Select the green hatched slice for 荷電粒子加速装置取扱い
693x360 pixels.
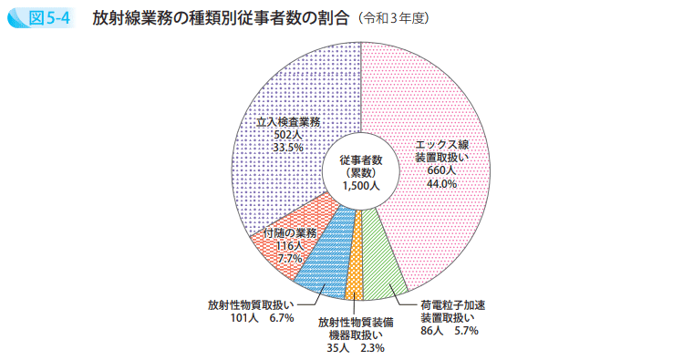click(382, 260)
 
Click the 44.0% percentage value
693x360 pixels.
click(441, 183)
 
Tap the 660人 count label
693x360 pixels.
click(441, 170)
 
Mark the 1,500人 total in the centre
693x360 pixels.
click(359, 186)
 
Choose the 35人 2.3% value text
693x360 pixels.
click(357, 347)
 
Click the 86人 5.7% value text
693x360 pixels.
click(449, 331)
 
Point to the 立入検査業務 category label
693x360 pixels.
click(287, 121)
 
